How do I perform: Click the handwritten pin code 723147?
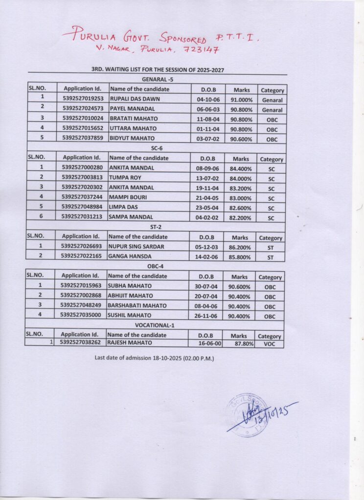[201, 50]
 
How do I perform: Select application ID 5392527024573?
[83, 109]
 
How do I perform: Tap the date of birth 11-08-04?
[208, 119]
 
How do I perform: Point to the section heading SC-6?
[157, 148]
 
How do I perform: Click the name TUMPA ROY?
[125, 178]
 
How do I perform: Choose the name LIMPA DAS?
[123, 208]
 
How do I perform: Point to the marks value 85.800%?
[240, 257]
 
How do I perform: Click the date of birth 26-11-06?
[205, 316]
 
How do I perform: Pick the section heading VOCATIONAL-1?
[155, 326]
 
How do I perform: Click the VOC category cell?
[270, 344]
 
